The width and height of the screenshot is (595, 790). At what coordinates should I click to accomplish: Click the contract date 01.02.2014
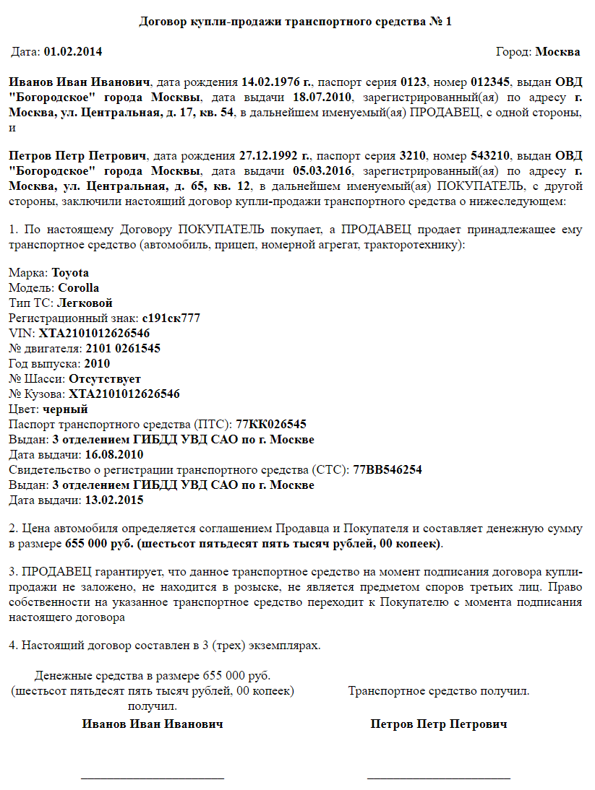(x=73, y=52)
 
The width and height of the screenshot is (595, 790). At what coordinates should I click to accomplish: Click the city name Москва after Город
(x=557, y=52)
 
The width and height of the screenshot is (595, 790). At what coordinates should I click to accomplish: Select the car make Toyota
(x=71, y=273)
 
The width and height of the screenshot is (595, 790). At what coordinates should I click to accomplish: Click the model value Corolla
(x=79, y=288)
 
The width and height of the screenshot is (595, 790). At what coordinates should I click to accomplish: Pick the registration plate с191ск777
(x=171, y=318)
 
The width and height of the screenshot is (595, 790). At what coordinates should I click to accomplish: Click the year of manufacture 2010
(x=97, y=364)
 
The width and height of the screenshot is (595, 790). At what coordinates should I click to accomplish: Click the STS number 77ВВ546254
(x=388, y=470)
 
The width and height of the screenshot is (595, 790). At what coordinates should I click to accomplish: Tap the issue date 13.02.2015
(x=114, y=500)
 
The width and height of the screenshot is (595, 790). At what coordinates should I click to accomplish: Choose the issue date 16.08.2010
(x=114, y=455)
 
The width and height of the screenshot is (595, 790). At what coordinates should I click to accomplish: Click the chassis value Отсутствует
(x=105, y=379)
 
